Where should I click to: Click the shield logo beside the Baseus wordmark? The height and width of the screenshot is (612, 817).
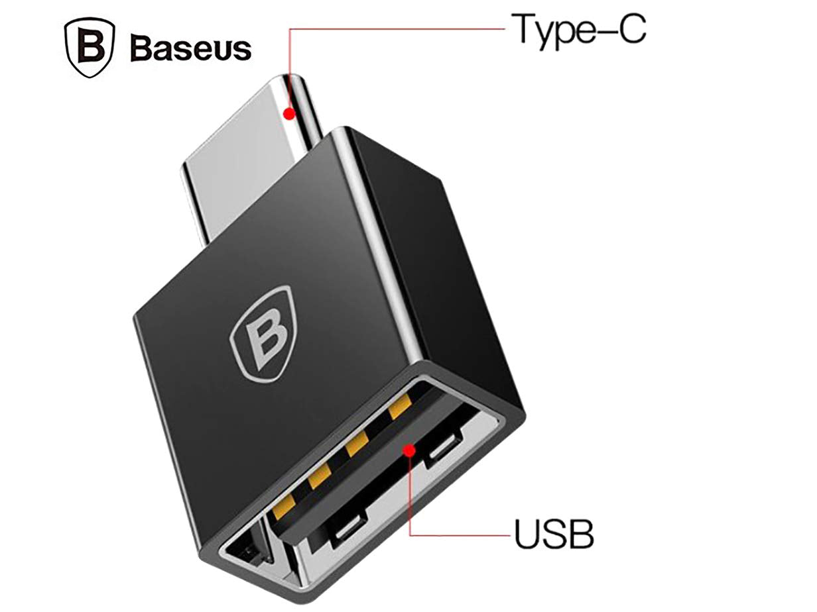pos(90,48)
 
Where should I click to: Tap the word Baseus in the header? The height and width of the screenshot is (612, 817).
pos(190,48)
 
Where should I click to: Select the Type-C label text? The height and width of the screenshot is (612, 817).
pos(579,31)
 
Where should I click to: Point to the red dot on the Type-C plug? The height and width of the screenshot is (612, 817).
pos(289,113)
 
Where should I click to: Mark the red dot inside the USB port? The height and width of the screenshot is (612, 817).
pos(409,452)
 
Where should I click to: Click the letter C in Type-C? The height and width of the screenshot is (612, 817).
pos(631,29)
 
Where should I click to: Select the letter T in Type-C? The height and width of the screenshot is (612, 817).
pos(524,29)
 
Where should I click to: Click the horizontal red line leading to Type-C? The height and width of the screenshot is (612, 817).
pos(397,29)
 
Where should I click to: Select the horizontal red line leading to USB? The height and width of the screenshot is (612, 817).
pos(460,535)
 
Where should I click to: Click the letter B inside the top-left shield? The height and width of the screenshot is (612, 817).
pos(90,47)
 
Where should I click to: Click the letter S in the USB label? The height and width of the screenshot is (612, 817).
pos(554,535)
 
